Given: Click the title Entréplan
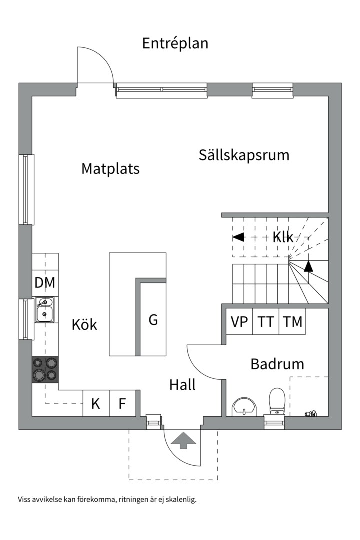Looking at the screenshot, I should click(175, 43).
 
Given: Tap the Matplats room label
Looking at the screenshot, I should click(110, 169).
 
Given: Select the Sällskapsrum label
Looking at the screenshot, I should click(244, 155).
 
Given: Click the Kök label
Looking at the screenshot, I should click(84, 325).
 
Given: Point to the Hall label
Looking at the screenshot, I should click(182, 385).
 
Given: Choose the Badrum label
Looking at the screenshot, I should click(277, 364).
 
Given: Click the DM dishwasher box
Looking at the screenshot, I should click(45, 283).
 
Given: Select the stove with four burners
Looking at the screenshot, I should click(45, 370).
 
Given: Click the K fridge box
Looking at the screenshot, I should click(96, 404).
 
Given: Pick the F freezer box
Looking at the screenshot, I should click(122, 404).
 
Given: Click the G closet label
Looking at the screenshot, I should click(153, 320).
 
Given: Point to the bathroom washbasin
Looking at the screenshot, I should click(244, 406).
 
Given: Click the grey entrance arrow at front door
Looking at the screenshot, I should click(183, 440).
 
